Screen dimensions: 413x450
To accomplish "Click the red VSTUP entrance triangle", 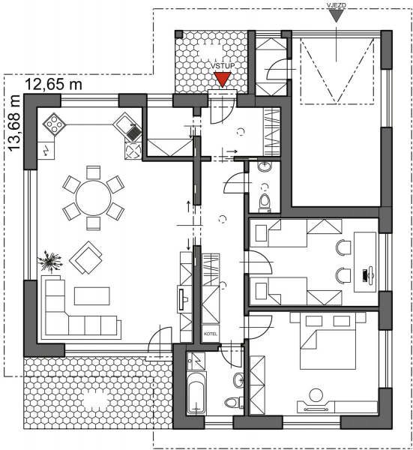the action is click(x=223, y=79).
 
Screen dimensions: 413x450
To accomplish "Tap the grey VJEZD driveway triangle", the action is click(x=336, y=15).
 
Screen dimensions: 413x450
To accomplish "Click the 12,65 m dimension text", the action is click(x=54, y=85).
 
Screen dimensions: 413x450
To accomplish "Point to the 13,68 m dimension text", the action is click(x=14, y=123).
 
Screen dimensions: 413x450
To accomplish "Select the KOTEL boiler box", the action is click(x=211, y=334).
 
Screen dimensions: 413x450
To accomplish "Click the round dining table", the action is click(x=94, y=198).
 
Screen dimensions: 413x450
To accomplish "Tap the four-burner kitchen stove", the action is click(x=54, y=124).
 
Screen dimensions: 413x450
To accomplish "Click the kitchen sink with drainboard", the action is click(x=128, y=127).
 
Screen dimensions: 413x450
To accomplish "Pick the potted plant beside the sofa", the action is click(x=50, y=260).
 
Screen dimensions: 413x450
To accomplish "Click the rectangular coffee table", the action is click(x=92, y=296).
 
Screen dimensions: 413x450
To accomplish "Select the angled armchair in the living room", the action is click(x=85, y=257).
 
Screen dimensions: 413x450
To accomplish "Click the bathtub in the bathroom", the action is click(x=196, y=393).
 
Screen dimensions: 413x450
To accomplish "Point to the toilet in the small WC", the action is click(x=265, y=202).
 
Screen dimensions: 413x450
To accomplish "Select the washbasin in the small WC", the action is click(x=264, y=166).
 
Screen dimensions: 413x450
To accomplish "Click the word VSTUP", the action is click(x=223, y=66).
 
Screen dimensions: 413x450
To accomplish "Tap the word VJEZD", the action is click(x=336, y=5).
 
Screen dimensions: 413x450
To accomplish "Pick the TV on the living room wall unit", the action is click(x=182, y=299).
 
